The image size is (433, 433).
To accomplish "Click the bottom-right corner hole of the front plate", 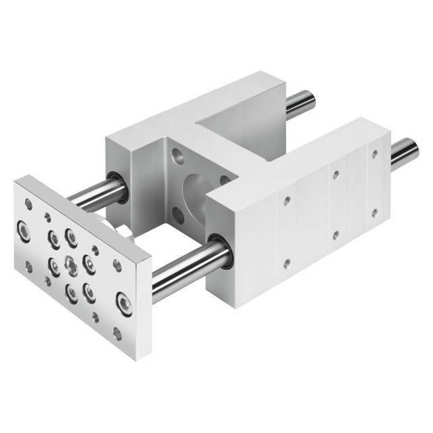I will pos(118,332).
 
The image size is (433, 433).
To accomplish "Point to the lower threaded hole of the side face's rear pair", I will pos(373,212).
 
